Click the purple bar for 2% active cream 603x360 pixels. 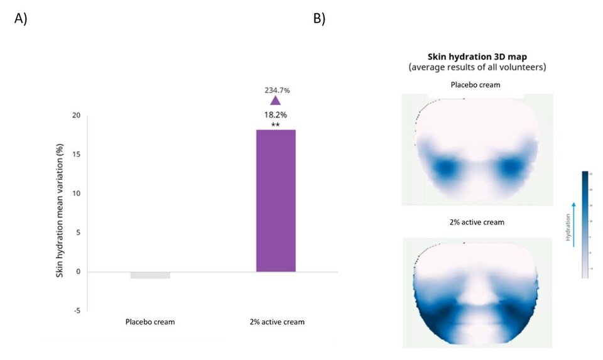point(276,201)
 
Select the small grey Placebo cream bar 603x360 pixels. point(150,275)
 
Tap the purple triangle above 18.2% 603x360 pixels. point(275,101)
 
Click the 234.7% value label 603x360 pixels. point(276,90)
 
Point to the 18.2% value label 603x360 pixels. point(276,115)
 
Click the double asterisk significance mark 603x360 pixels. point(275,124)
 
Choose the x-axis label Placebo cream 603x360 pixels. point(150,322)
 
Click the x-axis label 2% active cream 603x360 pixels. point(276,322)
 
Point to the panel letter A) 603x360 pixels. point(21,18)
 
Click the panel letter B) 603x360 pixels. point(319,18)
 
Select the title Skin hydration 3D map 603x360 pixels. point(477,57)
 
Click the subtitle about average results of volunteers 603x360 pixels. point(477,67)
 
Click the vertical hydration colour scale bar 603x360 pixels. point(585,224)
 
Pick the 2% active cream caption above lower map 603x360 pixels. point(477,223)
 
